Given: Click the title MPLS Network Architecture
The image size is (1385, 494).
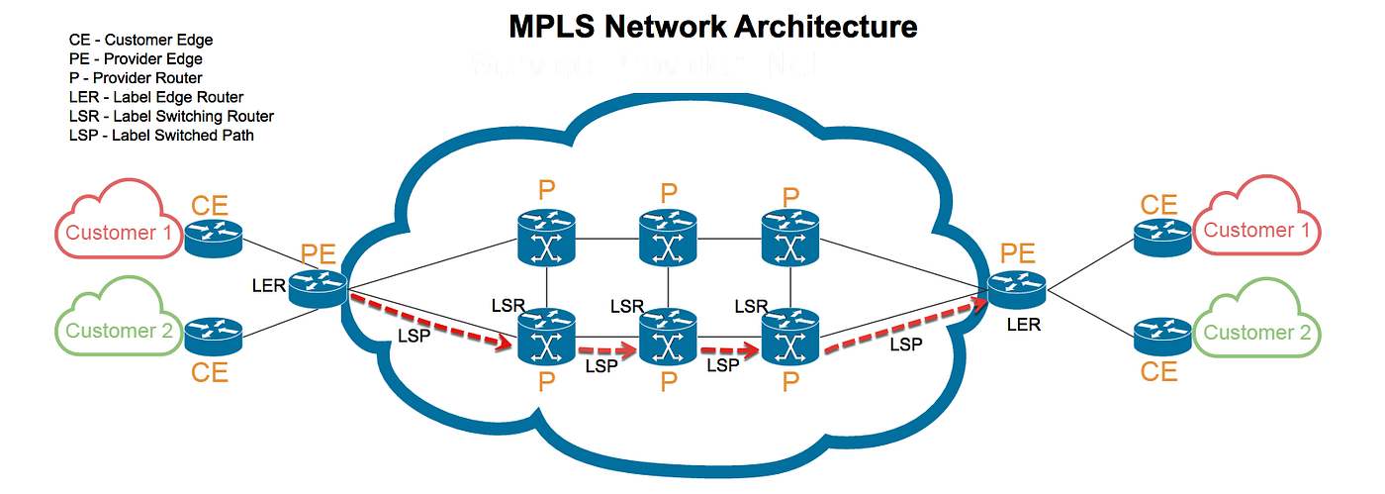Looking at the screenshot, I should tap(712, 26).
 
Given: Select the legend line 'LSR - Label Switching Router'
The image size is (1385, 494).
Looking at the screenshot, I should tap(171, 116).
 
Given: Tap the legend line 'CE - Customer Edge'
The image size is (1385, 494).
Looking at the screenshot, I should tap(140, 41).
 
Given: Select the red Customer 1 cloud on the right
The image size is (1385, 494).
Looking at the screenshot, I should tap(1255, 227).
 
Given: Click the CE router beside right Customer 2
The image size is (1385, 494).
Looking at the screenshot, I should tap(1160, 337).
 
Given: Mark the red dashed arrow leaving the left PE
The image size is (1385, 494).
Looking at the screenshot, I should tap(430, 321).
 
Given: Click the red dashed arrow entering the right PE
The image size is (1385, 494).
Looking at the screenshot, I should tap(905, 323).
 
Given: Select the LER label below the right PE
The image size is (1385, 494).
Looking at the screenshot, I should tap(1023, 325).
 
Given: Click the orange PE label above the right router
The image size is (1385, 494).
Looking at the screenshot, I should tap(1017, 253).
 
